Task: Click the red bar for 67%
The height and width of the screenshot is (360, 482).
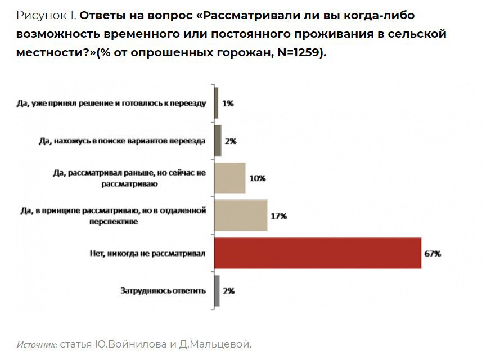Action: pyautogui.click(x=318, y=253)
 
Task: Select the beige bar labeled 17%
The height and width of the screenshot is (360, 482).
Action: pyautogui.click(x=241, y=215)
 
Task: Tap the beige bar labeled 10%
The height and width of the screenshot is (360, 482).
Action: pyautogui.click(x=230, y=178)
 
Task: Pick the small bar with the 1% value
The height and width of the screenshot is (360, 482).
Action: pyautogui.click(x=216, y=103)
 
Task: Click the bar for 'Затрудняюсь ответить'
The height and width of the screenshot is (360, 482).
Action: pyautogui.click(x=217, y=291)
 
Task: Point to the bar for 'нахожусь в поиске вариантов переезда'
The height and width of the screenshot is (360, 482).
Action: pyautogui.click(x=218, y=141)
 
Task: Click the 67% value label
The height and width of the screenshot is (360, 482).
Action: pyautogui.click(x=433, y=254)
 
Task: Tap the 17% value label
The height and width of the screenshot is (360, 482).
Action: pyautogui.click(x=279, y=216)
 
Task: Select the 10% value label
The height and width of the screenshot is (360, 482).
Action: pyautogui.click(x=257, y=178)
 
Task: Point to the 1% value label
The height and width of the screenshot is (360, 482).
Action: pyautogui.click(x=228, y=103)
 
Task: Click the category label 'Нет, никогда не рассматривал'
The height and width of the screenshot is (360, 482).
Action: pyautogui.click(x=148, y=254)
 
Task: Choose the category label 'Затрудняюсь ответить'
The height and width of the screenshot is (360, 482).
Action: pyautogui.click(x=163, y=291)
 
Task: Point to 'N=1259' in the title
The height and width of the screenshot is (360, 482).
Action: pyautogui.click(x=298, y=53)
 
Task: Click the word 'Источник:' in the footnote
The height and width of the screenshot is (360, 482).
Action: pyautogui.click(x=37, y=344)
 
